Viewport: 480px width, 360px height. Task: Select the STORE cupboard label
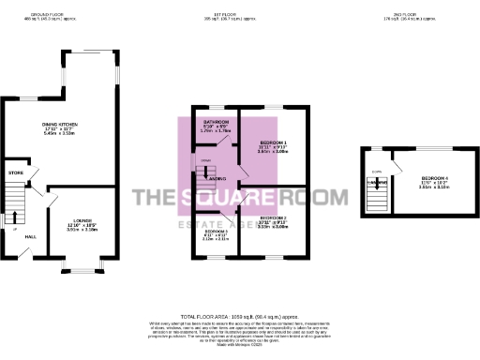[15, 172]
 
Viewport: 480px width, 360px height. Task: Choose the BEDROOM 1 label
[273, 142]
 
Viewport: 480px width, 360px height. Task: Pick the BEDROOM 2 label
[273, 217]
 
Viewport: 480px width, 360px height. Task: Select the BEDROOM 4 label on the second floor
[435, 177]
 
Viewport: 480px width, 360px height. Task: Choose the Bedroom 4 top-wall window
[435, 148]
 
